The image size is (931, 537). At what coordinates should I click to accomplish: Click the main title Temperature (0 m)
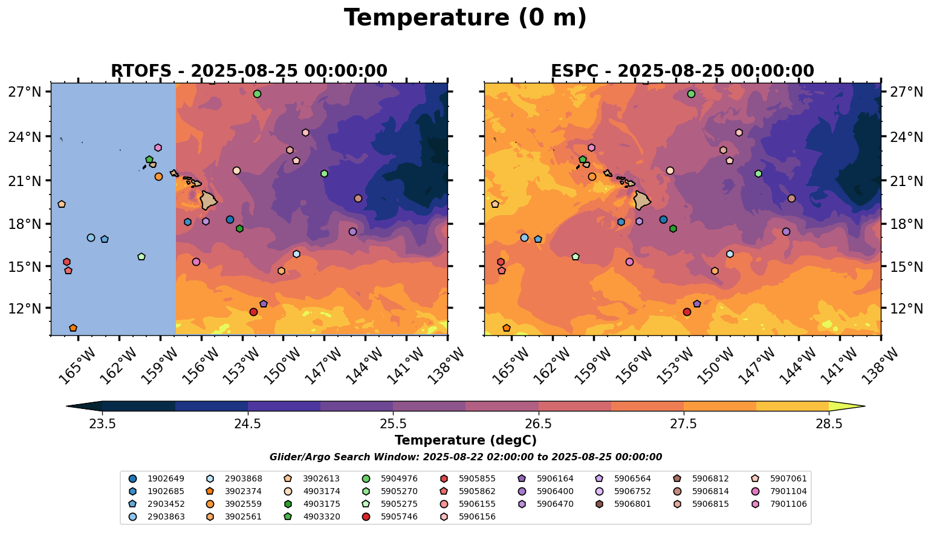[465, 18]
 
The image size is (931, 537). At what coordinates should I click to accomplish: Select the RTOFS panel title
[248, 71]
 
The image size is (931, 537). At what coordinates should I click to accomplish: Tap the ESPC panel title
[682, 71]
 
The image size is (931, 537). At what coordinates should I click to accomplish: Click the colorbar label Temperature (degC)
[465, 440]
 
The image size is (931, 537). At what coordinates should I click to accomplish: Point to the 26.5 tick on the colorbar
[538, 423]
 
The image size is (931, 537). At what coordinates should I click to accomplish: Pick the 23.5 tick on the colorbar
[102, 423]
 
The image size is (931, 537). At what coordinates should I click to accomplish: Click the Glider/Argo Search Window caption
[465, 457]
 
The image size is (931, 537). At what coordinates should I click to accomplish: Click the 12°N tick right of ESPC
[905, 308]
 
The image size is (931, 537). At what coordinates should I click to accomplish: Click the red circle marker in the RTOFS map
[253, 312]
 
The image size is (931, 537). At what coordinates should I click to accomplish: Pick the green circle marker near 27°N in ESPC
[691, 94]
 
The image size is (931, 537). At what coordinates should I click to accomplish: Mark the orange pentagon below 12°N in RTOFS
[73, 328]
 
